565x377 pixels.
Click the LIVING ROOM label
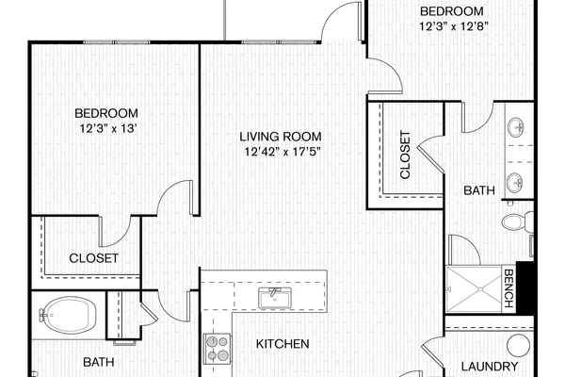281,137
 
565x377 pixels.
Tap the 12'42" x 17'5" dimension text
282,152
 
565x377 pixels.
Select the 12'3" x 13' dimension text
107,128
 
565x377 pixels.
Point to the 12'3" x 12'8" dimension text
454,26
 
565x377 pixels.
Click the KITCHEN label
282,344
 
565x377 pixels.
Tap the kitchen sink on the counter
275,298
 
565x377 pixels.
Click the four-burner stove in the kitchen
218,349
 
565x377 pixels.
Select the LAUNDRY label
490,367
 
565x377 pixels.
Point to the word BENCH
508,288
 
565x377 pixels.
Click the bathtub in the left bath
68,315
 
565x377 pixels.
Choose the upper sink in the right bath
516,127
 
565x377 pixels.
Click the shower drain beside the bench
480,289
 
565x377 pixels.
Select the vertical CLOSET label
405,155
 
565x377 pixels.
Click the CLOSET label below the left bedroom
93,258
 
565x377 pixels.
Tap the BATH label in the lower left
98,362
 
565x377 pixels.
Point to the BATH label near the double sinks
479,190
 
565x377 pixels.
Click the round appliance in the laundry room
519,345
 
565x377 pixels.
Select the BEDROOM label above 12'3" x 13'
106,113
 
